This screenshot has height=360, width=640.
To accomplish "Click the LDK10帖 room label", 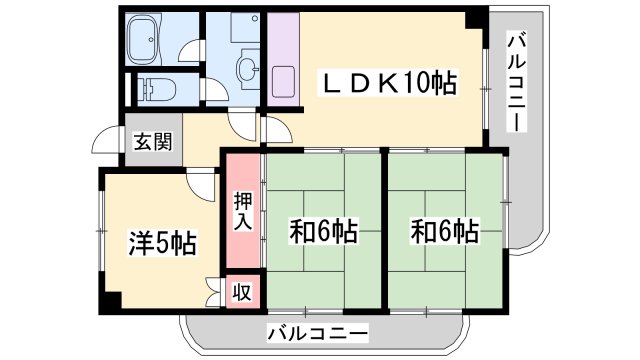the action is point(389,83).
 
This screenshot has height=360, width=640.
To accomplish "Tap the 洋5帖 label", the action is point(163,243).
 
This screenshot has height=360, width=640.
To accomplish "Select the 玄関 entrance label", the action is point(153,141).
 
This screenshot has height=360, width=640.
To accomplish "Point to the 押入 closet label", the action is point(243,211).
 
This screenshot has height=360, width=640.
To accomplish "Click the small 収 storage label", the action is point(242,292).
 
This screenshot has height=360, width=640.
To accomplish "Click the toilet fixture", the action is point(156,89).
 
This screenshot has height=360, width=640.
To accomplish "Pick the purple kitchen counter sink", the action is point(283,82).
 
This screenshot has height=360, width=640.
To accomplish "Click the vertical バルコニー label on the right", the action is point(517,83).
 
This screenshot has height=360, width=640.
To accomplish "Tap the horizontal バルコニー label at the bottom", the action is point(318,333).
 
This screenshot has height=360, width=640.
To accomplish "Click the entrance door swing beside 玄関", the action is point(106,140).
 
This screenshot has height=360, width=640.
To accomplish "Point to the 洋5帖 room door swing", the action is point(201,186).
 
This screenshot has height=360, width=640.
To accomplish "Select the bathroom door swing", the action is point(191,51).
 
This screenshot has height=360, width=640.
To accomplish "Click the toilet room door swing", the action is point(216,90).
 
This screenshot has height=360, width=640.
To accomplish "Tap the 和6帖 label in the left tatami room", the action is point(324,231).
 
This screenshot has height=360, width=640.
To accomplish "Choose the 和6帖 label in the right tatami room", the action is point(444,231).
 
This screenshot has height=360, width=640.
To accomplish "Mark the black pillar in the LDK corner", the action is point(475,18).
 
